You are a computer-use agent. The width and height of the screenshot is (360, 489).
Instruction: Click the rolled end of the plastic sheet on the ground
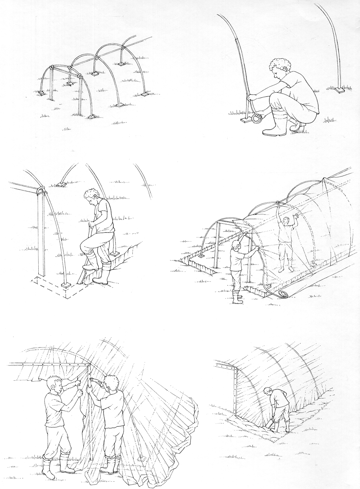click(282, 294)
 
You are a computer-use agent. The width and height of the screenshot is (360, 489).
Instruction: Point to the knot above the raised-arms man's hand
click(277, 203)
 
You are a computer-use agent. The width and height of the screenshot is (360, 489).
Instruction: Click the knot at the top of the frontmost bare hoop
click(52, 68)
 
